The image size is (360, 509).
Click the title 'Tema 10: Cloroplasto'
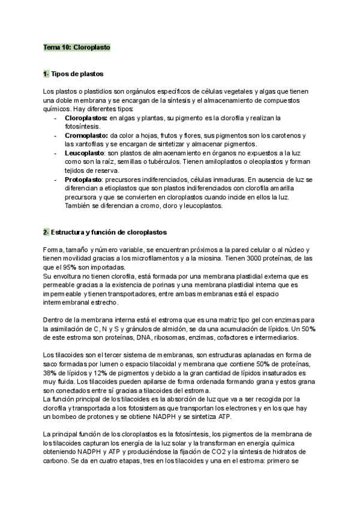(76, 46)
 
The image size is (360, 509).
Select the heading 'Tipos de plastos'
(77, 74)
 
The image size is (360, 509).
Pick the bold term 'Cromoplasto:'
(86, 136)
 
